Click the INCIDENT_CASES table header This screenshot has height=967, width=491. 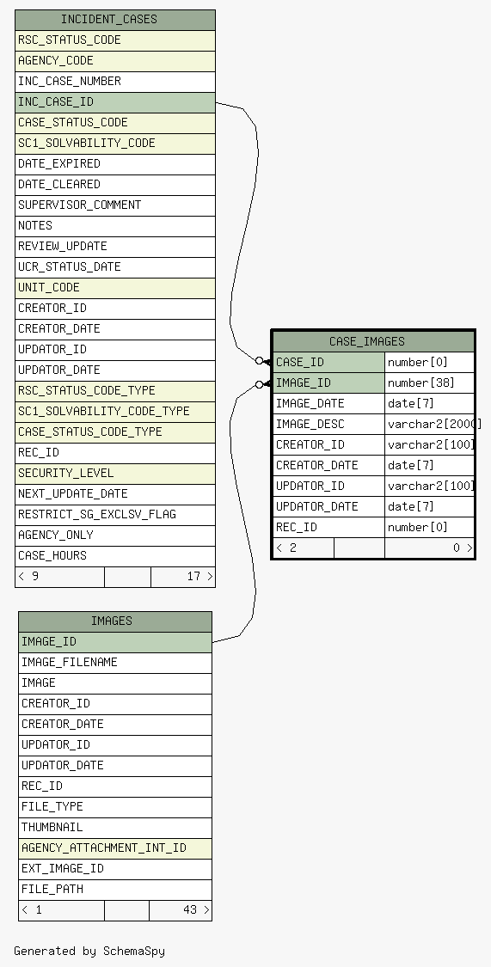click(114, 20)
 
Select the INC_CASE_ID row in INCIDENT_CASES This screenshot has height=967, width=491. click(114, 102)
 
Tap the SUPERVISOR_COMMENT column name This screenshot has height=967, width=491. click(80, 205)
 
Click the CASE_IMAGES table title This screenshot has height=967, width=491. click(367, 341)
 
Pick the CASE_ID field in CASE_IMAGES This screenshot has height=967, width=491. click(328, 362)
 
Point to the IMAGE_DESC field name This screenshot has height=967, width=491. click(310, 425)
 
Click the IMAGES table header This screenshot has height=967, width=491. click(114, 621)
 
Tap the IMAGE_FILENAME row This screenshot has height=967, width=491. click(114, 663)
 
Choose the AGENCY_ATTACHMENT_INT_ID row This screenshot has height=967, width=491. click(114, 848)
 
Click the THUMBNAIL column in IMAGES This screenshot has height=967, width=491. click(114, 828)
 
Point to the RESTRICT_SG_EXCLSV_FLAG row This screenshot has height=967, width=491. click(114, 515)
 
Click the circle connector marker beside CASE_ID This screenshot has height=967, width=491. click(259, 361)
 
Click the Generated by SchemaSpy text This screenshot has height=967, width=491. click(89, 951)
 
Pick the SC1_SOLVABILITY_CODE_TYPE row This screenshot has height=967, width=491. click(114, 412)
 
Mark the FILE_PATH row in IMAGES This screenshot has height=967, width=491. click(114, 890)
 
